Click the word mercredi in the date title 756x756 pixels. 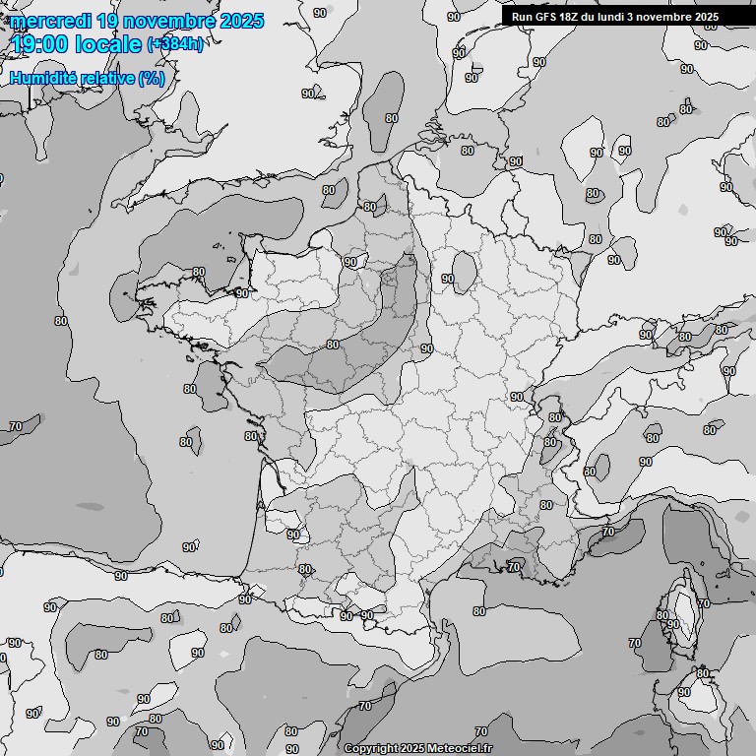point(50,21)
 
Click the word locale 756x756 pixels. point(107,43)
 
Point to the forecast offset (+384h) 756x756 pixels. point(174,44)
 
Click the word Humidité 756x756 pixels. point(39,78)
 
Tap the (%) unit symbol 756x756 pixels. point(152,78)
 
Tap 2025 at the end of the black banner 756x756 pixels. point(707,17)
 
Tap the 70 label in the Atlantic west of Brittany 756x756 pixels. point(15,426)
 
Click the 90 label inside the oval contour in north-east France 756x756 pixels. point(448,279)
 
